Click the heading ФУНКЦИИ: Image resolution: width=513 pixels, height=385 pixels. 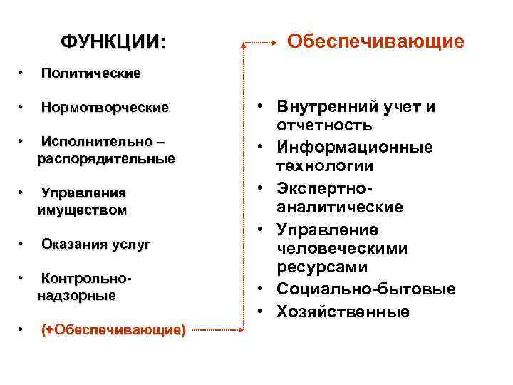point(113,41)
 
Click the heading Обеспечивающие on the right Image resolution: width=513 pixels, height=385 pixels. point(375,41)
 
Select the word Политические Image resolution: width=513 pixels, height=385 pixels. point(90,73)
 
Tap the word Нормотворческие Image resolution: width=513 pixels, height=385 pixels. point(105,108)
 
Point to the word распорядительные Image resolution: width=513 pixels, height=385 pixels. point(105,159)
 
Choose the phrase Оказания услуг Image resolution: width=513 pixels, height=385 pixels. point(95,245)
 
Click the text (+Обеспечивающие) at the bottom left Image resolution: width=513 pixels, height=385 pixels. point(113,329)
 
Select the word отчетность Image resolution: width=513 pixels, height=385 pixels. point(324,126)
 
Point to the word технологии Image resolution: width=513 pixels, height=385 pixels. point(325,166)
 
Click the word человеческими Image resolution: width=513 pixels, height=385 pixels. point(342,249)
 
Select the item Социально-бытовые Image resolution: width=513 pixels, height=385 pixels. point(366,289)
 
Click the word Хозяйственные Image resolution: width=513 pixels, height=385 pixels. point(343,312)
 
